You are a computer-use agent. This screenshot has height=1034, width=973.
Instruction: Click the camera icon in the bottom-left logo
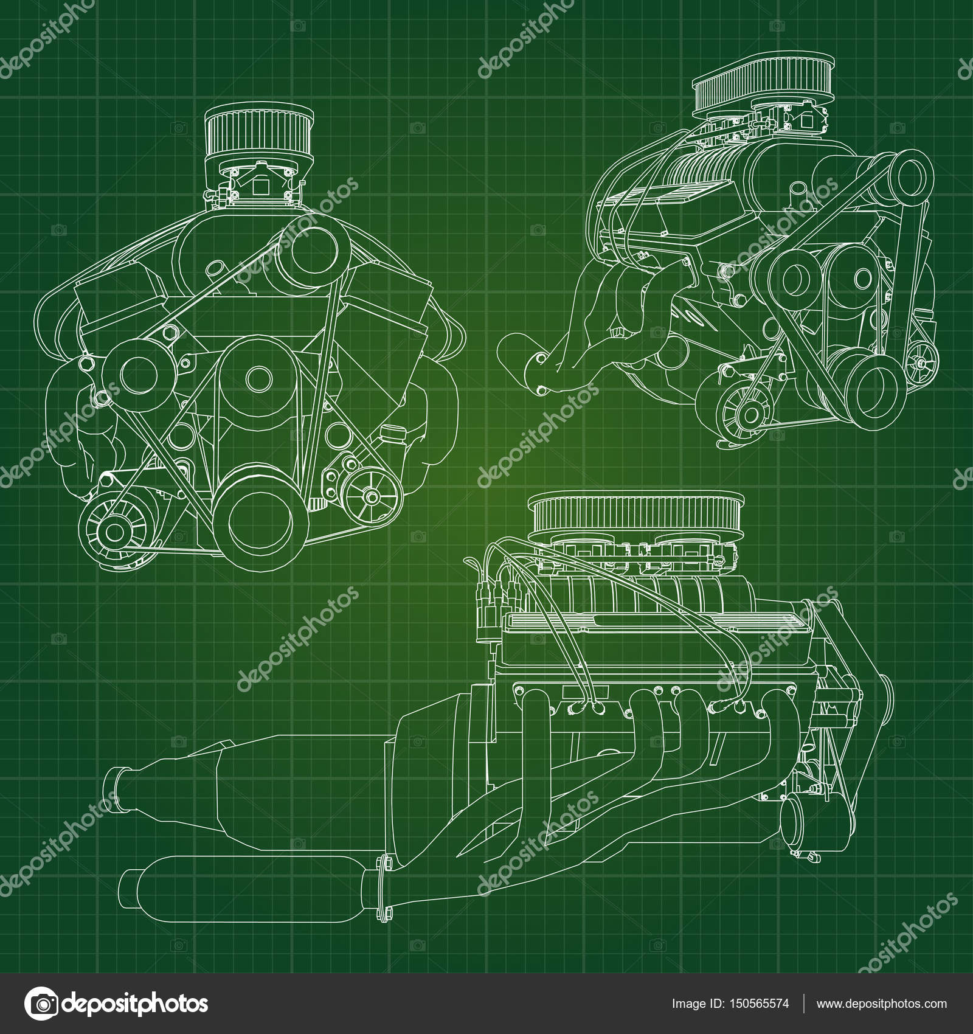41,1004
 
